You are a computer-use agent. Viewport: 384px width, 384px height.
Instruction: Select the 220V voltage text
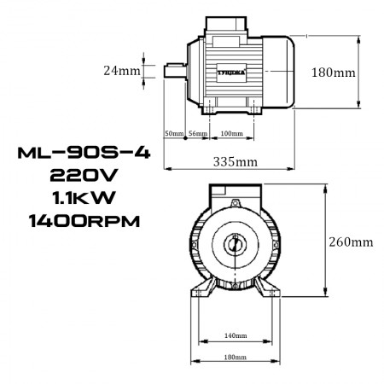[x=79, y=177]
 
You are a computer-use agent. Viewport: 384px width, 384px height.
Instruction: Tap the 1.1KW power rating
[x=79, y=199]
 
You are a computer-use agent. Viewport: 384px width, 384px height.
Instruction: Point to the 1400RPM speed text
[x=79, y=221]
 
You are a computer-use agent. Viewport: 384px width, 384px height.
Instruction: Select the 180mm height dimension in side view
[x=333, y=73]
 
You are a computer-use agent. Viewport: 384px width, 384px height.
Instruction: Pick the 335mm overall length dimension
[x=235, y=160]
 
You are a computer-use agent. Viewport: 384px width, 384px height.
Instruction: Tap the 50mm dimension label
[x=174, y=135]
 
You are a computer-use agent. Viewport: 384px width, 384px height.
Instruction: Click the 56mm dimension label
[x=198, y=135]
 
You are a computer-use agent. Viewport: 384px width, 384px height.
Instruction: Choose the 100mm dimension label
[x=231, y=135]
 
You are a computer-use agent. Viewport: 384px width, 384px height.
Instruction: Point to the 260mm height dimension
[x=351, y=241]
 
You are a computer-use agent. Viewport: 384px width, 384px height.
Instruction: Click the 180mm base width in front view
[x=235, y=358]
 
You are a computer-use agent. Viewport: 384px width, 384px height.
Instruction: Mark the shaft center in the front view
[x=235, y=245]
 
